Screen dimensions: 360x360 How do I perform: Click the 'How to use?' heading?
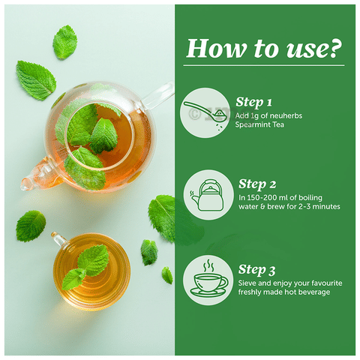(x=264, y=49)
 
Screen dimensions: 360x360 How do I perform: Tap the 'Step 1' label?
(x=253, y=102)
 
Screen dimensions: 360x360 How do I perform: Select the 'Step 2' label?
(x=257, y=184)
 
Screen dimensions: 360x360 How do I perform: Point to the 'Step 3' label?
(x=256, y=270)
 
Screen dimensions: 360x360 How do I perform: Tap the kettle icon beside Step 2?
(x=208, y=195)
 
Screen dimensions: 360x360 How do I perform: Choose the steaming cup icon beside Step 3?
(x=209, y=279)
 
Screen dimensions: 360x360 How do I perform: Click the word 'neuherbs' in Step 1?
(x=286, y=115)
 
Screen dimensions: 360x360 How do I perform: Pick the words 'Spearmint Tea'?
(x=259, y=124)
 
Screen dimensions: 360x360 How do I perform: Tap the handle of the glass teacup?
(x=59, y=238)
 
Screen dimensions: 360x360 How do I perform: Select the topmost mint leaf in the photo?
(x=64, y=42)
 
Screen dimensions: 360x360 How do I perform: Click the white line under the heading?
(x=264, y=65)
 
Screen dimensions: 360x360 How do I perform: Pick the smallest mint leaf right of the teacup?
(x=167, y=275)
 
